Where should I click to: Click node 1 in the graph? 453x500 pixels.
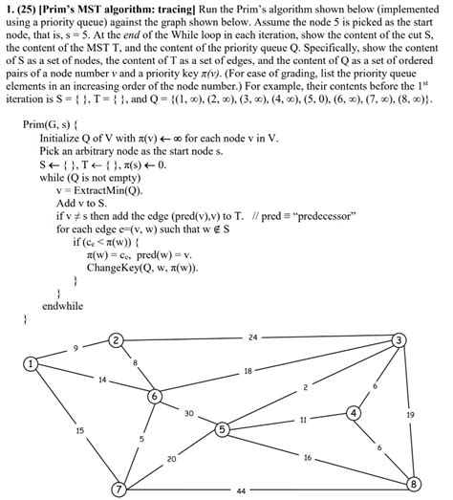point(31,363)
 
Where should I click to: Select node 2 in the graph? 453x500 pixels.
point(116,340)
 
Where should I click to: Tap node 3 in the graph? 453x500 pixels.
point(399,340)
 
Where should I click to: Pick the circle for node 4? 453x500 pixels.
point(355,413)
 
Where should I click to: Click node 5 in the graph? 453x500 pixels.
point(222,430)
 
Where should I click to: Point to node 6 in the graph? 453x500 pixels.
point(154,396)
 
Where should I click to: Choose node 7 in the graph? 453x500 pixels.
point(119,489)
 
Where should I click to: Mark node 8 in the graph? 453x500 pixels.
point(414,485)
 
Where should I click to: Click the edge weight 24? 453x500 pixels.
point(252,337)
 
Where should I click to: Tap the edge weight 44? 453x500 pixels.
point(241,491)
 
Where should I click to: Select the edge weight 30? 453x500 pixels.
point(189,413)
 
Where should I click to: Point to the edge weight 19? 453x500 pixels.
point(410,415)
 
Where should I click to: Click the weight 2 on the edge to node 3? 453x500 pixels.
point(307,386)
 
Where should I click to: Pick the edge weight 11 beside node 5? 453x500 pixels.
point(303,420)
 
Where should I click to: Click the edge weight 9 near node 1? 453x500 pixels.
point(76,348)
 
